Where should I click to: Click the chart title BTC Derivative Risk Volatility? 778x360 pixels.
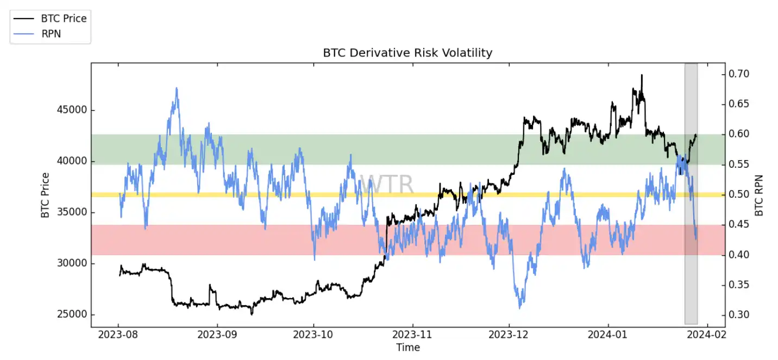pos(407,53)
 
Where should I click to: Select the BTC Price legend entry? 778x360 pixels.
pos(64,18)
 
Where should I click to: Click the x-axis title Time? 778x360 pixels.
pos(407,348)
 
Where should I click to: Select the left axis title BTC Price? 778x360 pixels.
pos(45,195)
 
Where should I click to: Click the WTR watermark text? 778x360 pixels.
pos(387,185)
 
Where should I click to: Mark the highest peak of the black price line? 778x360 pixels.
pos(641,75)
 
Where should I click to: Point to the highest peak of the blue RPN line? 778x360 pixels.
pos(176,88)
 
